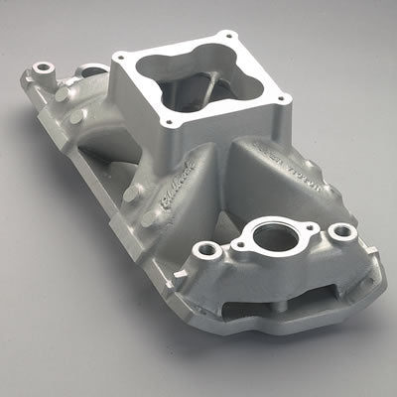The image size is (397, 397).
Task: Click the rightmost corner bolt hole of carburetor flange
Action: (287, 99)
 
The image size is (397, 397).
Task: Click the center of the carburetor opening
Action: (203, 84)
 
